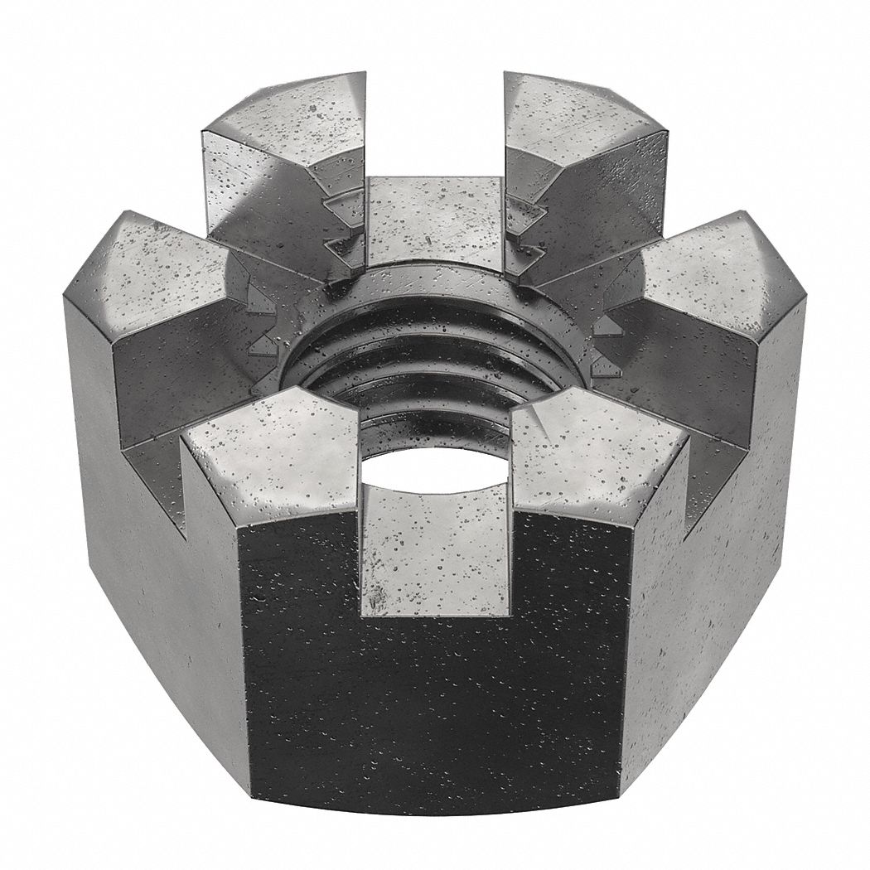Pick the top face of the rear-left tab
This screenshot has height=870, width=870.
286,124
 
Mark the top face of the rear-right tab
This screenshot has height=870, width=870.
580,120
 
